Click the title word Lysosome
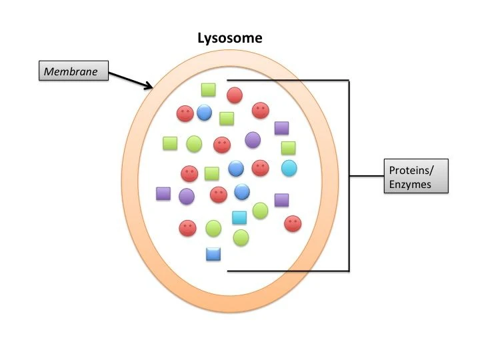(230, 38)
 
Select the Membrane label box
(72, 71)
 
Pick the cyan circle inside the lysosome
(289, 168)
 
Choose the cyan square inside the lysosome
(239, 217)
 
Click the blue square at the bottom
(213, 253)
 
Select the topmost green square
(208, 90)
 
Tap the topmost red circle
(234, 95)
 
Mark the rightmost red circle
(292, 224)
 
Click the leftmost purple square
(163, 193)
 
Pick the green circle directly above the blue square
(213, 228)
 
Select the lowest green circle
(241, 237)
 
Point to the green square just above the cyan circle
(288, 148)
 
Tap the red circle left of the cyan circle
(260, 168)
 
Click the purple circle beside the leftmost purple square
(186, 196)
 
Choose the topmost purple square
(281, 128)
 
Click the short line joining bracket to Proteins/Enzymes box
(366, 176)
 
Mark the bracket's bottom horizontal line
(287, 271)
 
